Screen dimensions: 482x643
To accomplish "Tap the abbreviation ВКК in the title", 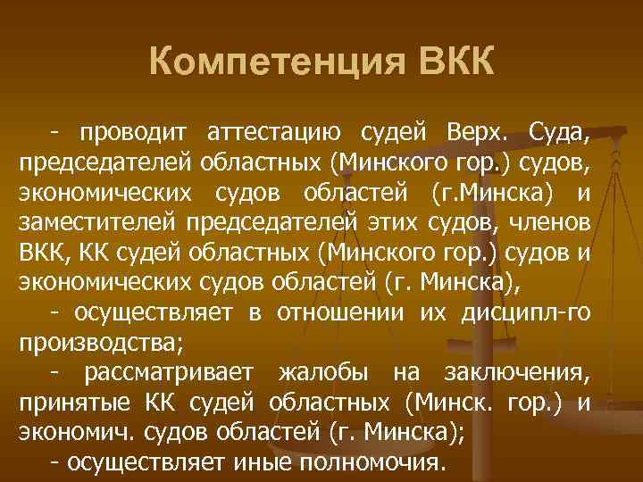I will click(x=452, y=65).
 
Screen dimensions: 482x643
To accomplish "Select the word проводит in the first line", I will click(x=134, y=134).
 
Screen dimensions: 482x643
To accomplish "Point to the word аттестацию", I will click(x=273, y=134).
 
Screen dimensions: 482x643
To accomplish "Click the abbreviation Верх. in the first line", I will click(x=474, y=134).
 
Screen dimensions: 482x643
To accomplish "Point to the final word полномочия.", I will click(x=372, y=462).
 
